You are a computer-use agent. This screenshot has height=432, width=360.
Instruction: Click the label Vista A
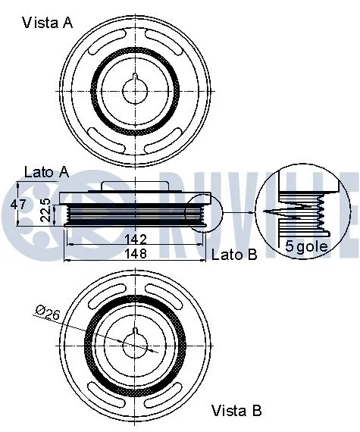(x=47, y=23)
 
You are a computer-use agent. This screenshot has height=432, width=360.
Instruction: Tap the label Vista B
(x=236, y=412)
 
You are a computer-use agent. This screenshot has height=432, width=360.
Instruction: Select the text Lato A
(x=47, y=172)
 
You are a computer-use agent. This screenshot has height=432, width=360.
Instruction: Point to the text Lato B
(x=234, y=255)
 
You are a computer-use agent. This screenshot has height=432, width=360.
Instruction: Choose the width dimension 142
(x=134, y=240)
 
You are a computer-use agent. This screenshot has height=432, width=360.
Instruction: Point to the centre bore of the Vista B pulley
(x=135, y=347)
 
